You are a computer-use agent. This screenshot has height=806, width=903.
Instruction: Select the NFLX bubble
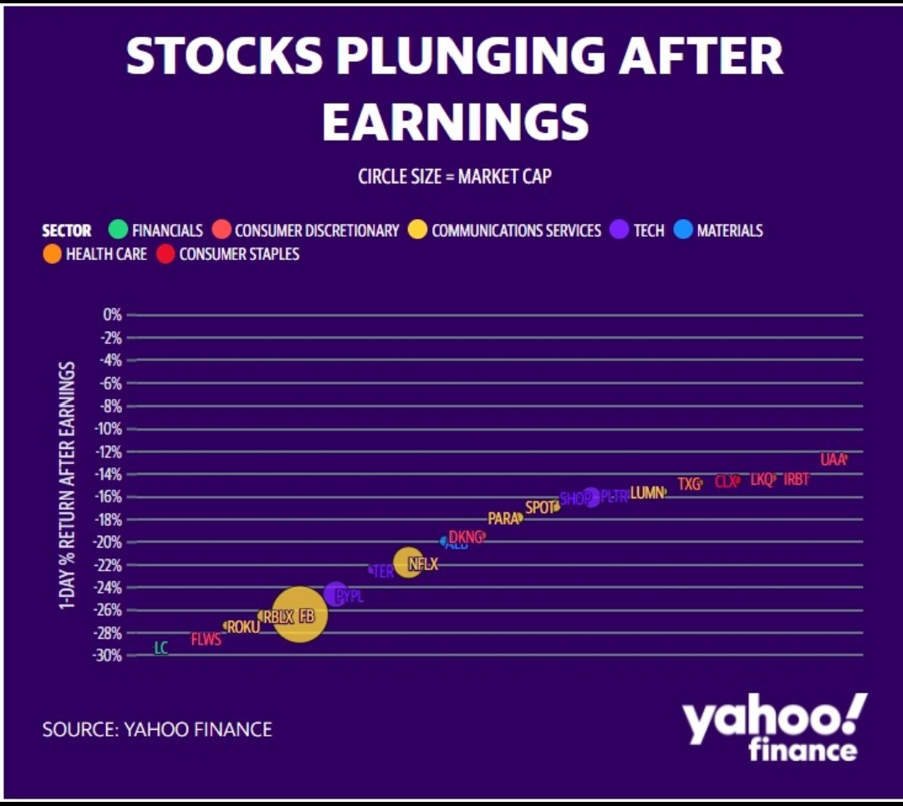click(x=409, y=563)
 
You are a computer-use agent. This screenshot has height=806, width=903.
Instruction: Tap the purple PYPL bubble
click(x=335, y=594)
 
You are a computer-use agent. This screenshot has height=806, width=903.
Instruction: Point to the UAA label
click(x=833, y=459)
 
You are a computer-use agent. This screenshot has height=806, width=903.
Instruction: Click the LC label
click(x=161, y=648)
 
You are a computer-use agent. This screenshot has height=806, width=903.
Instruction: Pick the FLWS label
click(x=206, y=640)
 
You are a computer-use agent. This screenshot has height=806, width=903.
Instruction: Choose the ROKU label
click(x=243, y=626)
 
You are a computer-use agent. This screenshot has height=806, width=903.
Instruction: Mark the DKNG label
click(x=466, y=537)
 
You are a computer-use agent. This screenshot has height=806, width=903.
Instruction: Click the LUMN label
click(x=646, y=492)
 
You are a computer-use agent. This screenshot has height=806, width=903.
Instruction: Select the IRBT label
click(x=796, y=480)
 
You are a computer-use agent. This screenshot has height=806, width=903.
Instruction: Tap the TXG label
click(x=689, y=483)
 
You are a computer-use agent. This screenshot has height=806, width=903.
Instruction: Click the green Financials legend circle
click(x=118, y=230)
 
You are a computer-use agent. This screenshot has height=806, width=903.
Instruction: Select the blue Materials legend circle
click(x=683, y=230)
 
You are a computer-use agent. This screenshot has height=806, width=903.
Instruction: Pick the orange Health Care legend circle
click(x=53, y=253)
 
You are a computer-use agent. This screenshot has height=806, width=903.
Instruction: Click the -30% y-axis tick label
click(x=108, y=656)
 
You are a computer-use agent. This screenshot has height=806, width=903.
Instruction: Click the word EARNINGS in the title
click(x=456, y=121)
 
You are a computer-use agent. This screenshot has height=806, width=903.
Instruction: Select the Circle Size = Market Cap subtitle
click(x=454, y=176)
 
